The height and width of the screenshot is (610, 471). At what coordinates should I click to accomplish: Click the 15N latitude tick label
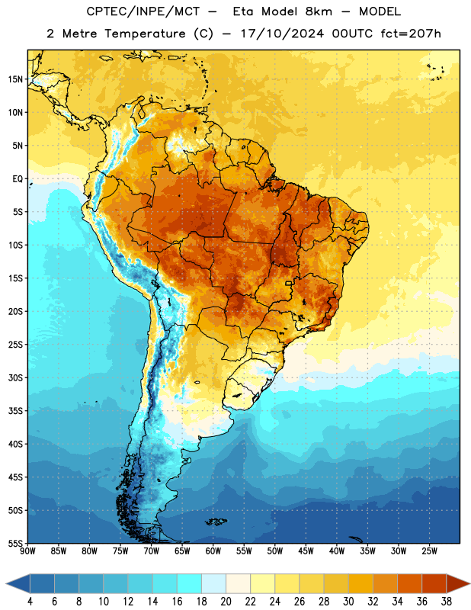(x=15, y=79)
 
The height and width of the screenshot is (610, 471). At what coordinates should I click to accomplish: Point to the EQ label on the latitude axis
(x=18, y=179)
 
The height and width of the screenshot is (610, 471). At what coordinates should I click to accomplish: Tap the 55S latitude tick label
(x=15, y=543)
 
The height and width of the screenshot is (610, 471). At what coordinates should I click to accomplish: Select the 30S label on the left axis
(x=15, y=377)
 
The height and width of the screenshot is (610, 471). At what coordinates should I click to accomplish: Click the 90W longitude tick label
(x=27, y=551)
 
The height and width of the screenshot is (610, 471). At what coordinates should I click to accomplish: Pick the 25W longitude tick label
(x=429, y=551)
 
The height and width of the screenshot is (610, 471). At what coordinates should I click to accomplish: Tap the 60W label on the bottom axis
(x=213, y=551)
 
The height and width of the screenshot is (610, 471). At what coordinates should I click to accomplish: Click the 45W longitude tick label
(x=306, y=551)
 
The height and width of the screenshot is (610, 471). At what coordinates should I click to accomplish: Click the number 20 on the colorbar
(x=226, y=602)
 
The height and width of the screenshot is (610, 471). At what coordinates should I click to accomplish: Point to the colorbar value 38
(x=447, y=602)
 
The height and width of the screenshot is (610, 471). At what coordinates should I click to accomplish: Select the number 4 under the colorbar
(x=30, y=602)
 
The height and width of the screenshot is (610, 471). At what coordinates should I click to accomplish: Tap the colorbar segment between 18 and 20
(x=213, y=583)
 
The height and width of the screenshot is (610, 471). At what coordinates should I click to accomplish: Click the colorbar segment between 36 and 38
(x=434, y=583)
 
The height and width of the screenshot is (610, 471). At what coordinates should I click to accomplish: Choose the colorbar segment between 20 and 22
(x=238, y=583)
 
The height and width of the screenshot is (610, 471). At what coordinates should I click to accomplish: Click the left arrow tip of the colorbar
(x=6, y=583)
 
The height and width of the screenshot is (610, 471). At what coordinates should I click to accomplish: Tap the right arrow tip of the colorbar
(x=469, y=583)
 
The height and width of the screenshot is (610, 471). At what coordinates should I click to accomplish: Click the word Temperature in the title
(x=145, y=34)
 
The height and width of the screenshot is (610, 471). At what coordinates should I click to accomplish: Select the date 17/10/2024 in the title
(x=282, y=34)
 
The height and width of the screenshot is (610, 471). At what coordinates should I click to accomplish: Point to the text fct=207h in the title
(x=411, y=34)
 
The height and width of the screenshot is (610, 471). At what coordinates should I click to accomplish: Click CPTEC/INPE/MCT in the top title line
(x=143, y=11)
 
